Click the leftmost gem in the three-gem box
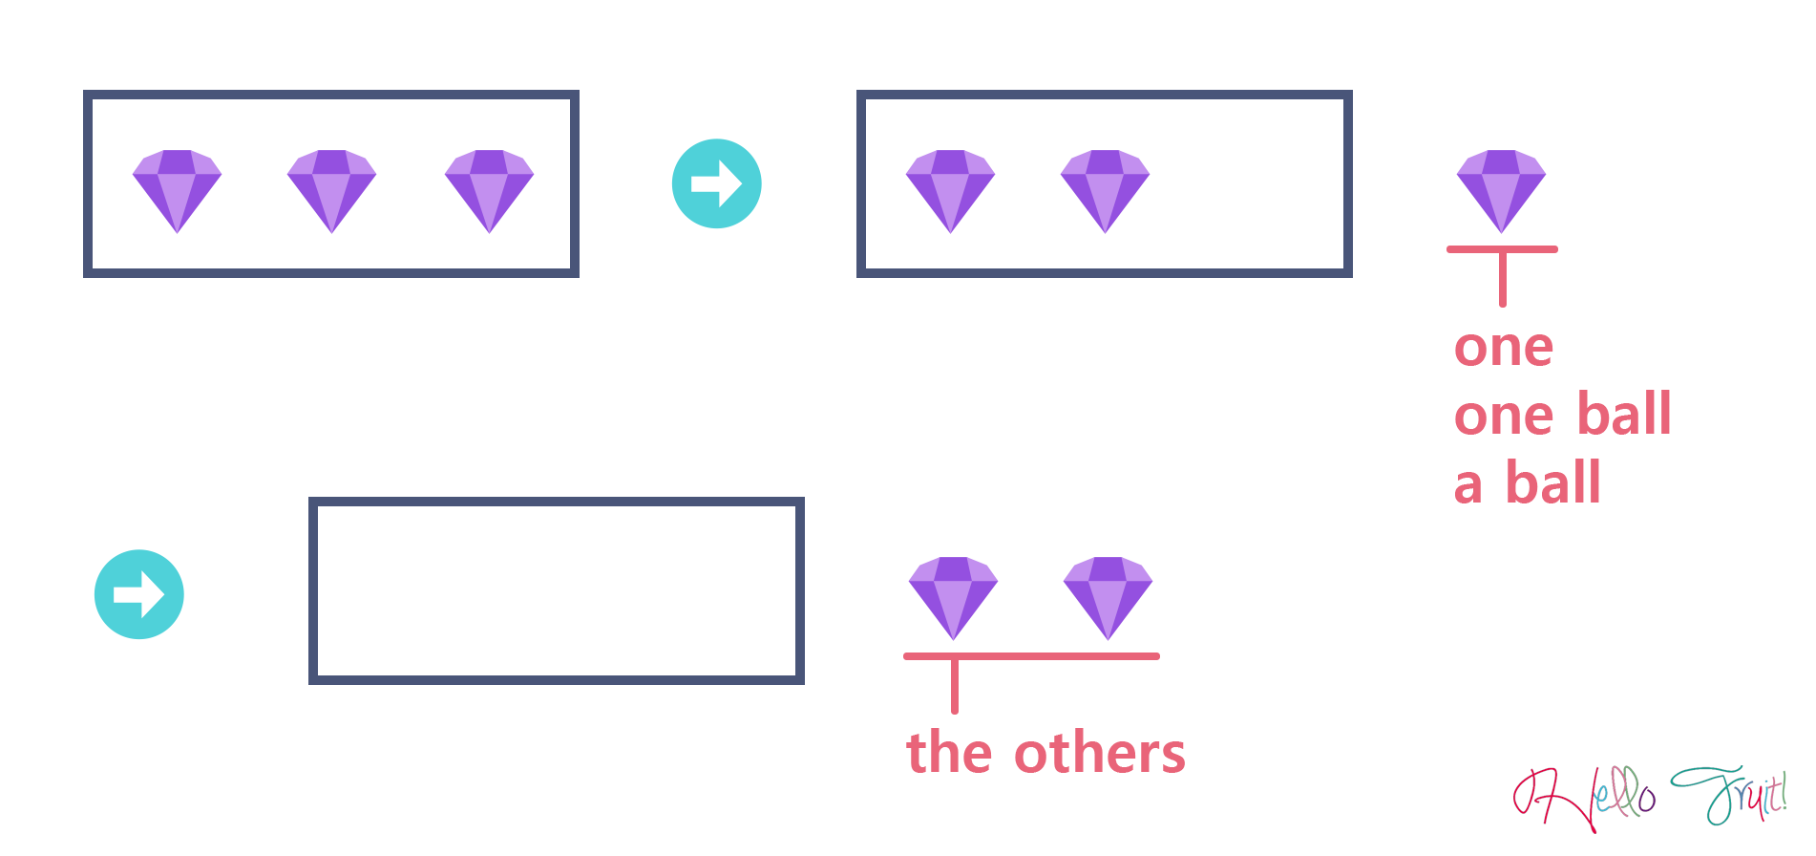coord(178,190)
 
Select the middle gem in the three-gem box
coord(332,190)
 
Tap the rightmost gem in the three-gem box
coord(489,190)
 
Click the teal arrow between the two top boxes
coord(716,183)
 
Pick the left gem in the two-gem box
coord(950,190)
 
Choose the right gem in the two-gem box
coord(1106,190)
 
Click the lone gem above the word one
coord(1501,190)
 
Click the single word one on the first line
coord(1504,349)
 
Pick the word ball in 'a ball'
coord(1552,481)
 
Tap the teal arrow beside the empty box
coord(139,594)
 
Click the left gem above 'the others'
coord(953,597)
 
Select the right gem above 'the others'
coord(1108,597)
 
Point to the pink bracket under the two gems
coord(1031,656)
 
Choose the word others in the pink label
coord(1099,754)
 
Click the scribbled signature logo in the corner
coord(1649,799)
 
